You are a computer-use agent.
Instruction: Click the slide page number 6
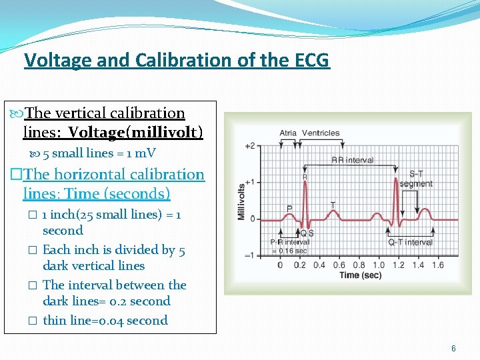453,349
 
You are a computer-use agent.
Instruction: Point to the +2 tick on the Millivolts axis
249,146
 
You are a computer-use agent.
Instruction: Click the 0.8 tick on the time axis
359,265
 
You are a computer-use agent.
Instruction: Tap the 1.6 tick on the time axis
437,265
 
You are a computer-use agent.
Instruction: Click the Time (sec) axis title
359,275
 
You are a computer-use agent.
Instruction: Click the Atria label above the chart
288,133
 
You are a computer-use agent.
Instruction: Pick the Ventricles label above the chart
321,133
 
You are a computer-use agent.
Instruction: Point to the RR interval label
352,161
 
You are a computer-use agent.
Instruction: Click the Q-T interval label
410,242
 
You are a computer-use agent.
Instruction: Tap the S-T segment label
416,179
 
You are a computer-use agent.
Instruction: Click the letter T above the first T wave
332,204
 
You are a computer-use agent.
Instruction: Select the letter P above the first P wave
289,208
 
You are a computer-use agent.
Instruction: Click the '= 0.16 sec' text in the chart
288,251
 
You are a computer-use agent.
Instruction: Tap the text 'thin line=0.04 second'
105,321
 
